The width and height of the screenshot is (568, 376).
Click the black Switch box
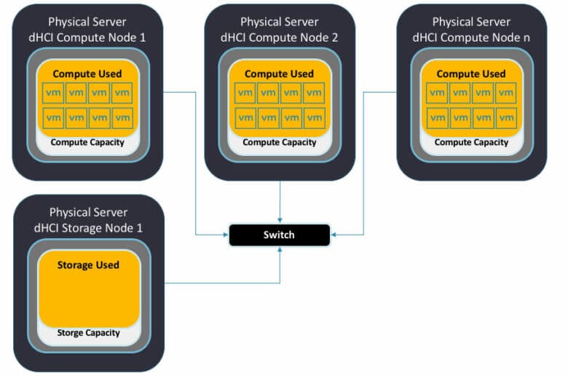click(280, 235)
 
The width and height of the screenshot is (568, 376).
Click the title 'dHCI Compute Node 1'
click(87, 38)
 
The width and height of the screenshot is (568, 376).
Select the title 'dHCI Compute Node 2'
click(280, 38)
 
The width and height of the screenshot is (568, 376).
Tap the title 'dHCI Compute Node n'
click(471, 38)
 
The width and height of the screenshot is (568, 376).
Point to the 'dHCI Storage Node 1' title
click(88, 228)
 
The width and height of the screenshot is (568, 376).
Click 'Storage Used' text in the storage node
click(88, 265)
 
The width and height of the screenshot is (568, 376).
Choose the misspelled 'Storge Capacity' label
click(88, 333)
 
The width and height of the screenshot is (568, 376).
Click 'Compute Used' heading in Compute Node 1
click(87, 74)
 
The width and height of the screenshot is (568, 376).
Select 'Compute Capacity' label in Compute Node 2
click(280, 142)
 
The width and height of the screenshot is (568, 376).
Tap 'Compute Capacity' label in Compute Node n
click(471, 142)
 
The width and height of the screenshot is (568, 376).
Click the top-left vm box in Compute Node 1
click(53, 93)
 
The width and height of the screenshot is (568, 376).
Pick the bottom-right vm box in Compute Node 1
click(122, 118)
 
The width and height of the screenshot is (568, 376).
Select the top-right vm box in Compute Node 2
click(314, 93)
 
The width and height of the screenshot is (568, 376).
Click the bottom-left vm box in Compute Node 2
click(245, 118)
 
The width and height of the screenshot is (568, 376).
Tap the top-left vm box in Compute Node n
click(437, 93)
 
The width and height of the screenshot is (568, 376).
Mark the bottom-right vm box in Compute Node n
click(506, 118)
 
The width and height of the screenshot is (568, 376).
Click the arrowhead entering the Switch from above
click(280, 220)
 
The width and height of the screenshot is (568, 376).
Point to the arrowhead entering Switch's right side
click(334, 235)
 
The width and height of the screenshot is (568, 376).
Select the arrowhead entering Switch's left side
click(226, 235)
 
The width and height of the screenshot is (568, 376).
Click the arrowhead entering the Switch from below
click(280, 249)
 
